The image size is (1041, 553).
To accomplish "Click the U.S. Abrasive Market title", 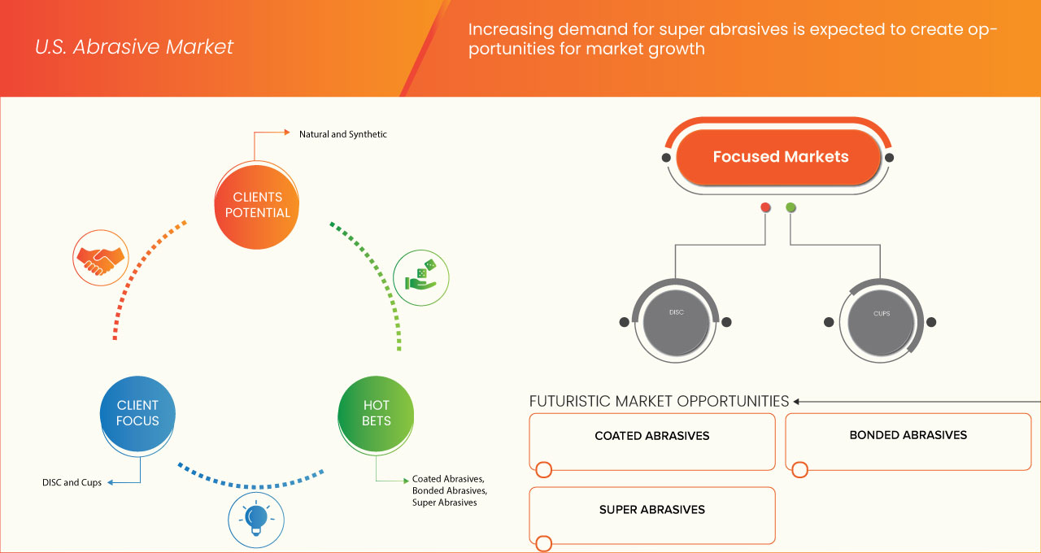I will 134,47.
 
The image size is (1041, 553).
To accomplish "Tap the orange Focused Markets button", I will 780,157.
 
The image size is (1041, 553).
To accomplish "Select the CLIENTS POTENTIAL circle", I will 256,205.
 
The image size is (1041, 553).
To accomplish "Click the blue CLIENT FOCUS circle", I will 137,413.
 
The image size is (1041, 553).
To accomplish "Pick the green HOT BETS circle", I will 376,413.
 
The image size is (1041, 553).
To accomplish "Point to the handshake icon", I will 101,257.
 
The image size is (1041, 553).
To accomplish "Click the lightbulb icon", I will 256,517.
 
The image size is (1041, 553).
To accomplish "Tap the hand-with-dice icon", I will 421,276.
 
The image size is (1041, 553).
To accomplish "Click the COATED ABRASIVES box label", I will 651,436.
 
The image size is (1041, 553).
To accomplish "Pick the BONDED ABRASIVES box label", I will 908,435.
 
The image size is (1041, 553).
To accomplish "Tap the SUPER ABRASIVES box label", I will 651,510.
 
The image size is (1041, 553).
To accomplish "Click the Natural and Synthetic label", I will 342,134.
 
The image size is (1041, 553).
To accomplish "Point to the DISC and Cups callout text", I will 72,482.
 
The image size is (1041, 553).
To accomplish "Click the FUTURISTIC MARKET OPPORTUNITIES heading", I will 659,401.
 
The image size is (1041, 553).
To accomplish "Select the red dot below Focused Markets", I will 765,208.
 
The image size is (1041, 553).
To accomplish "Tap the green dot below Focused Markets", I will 791,208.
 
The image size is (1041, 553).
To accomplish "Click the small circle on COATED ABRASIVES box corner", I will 543,469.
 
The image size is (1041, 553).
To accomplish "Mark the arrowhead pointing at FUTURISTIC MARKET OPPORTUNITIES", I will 797,401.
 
